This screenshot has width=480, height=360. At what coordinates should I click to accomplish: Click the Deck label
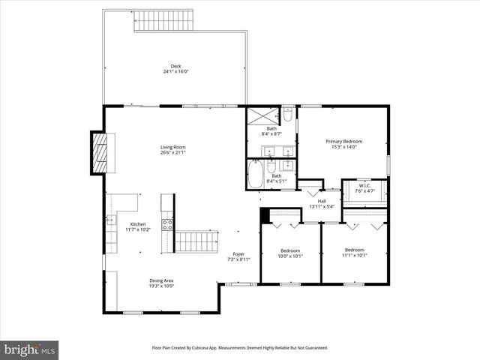175,66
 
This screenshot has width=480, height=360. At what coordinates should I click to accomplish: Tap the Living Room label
172,147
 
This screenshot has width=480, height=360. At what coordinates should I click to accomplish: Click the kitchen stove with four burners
168,223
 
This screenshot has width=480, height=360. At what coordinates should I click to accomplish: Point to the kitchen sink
112,220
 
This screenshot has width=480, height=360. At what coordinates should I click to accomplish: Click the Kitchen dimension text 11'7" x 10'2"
137,229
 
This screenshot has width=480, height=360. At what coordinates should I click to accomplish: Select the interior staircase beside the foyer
196,241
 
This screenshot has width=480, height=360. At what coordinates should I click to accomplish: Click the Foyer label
238,253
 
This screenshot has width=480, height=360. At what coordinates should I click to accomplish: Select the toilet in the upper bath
288,115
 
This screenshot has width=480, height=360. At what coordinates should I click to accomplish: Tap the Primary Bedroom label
343,141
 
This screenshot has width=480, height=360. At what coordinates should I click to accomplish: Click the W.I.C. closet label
364,186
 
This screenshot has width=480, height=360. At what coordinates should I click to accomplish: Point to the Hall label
321,201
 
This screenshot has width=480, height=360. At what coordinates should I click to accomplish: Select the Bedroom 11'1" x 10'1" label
354,250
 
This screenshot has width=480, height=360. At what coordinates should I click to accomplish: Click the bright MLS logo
30,349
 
